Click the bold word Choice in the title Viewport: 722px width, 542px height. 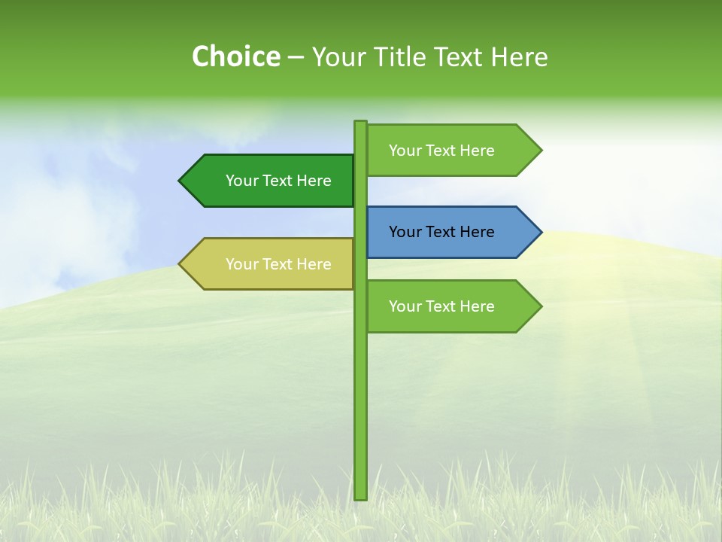(235, 56)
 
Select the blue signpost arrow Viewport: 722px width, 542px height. (451, 232)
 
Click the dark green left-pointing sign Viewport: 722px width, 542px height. (271, 181)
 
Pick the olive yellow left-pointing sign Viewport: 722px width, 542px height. (271, 263)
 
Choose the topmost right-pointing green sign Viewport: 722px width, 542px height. (451, 151)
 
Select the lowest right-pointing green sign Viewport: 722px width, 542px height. (451, 306)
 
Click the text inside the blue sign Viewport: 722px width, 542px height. (441, 232)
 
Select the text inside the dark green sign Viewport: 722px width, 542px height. (278, 181)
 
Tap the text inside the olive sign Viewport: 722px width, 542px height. (278, 264)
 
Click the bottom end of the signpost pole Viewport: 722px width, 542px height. (360, 496)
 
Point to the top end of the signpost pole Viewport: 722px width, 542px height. (360, 123)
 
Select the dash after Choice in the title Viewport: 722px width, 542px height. (296, 57)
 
